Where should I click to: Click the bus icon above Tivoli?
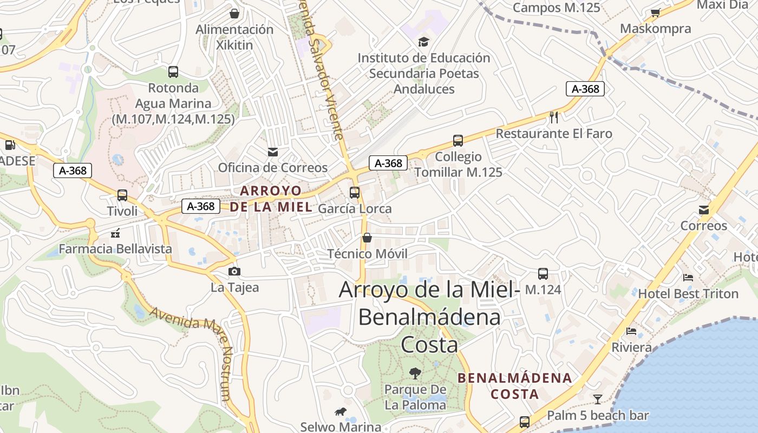122,195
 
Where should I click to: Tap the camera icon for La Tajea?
234,271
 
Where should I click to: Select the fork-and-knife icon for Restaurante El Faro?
554,117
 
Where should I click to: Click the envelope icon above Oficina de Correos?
273,152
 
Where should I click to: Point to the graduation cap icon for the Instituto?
423,42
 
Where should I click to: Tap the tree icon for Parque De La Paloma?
415,373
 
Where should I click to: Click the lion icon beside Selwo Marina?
341,412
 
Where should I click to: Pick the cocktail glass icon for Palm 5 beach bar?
598,399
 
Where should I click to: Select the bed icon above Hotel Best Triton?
688,278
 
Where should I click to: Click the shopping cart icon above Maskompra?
656,12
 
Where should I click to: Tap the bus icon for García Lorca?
355,192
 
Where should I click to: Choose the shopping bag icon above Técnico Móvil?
367,238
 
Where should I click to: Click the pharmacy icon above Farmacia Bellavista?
115,233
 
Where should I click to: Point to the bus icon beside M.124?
543,274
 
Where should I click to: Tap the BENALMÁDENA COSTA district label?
515,386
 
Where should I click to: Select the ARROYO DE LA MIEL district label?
271,199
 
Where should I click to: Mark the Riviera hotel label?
631,347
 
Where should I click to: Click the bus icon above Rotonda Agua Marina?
173,71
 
